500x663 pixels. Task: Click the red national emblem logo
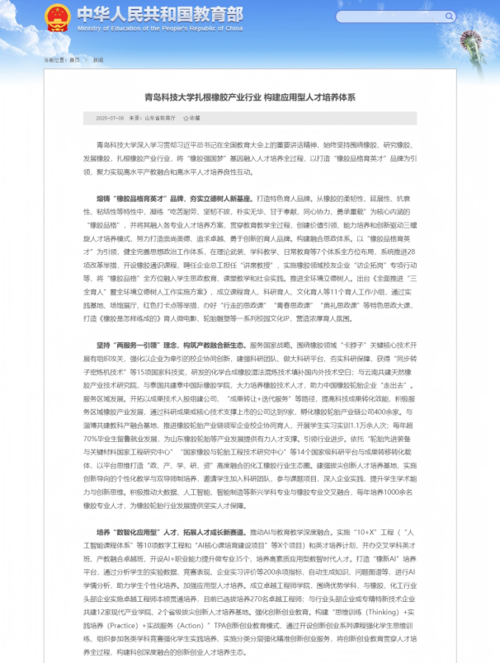point(57,16)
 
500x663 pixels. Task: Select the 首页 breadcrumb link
point(75,59)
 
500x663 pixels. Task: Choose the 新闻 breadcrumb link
point(98,59)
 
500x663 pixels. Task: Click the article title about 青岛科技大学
point(250,96)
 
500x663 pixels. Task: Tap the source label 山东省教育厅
point(160,118)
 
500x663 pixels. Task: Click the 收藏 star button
point(192,118)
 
